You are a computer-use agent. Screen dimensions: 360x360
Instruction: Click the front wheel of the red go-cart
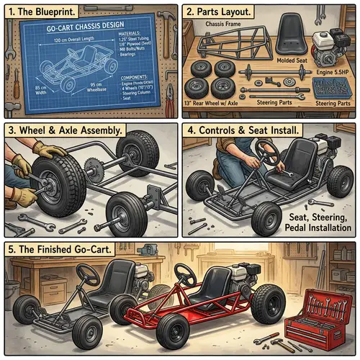pyautogui.click(x=173, y=331)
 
